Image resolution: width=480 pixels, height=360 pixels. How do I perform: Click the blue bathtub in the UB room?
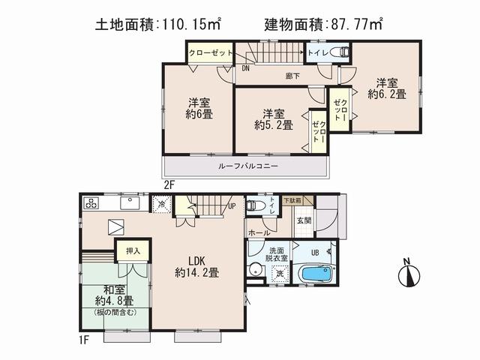(x=308, y=273)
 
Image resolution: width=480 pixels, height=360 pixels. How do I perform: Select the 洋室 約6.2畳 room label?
(x=385, y=88)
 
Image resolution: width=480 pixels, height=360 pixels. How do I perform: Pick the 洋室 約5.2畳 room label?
(x=273, y=119)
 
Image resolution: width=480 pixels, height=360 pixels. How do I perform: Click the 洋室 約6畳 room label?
(x=197, y=109)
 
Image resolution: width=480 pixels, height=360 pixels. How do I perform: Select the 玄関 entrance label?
(x=304, y=220)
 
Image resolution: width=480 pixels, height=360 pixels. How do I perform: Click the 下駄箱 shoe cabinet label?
(x=292, y=200)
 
